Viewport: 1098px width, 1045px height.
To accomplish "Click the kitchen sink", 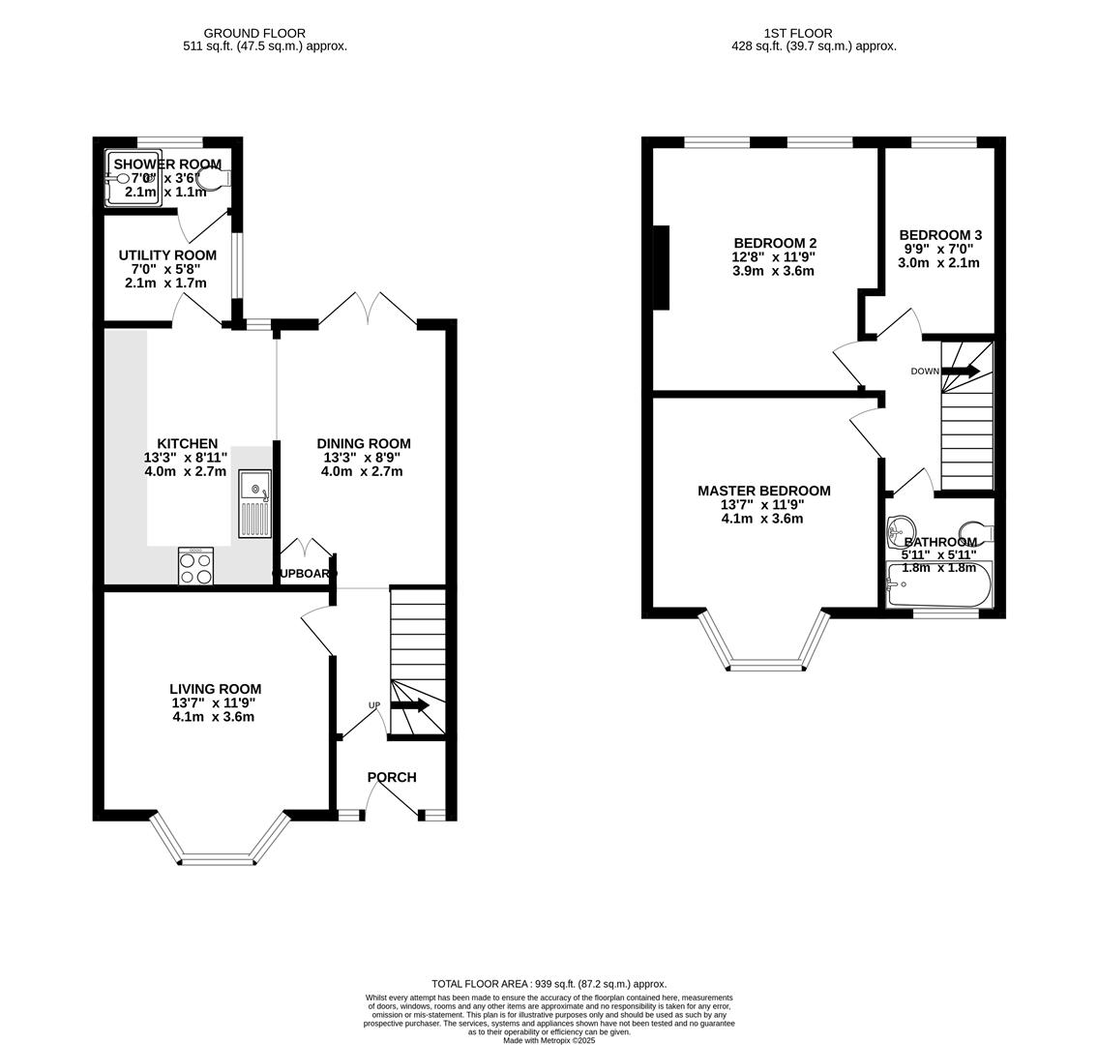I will pos(256,503).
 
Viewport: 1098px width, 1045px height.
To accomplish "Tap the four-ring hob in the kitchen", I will pos(196,566).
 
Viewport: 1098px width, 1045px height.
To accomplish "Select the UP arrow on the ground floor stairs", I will pos(410,705).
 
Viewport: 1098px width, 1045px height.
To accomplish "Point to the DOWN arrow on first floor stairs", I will pos(961,372).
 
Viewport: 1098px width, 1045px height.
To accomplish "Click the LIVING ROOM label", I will pos(215,689).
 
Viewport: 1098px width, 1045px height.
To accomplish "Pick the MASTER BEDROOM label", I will pos(763,491).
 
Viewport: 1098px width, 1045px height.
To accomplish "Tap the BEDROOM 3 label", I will pos(940,235).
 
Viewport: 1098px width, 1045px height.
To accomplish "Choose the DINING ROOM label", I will pos(364,444).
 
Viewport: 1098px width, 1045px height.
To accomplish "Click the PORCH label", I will pos(392,777).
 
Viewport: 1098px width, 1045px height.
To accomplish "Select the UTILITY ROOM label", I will pos(167,255).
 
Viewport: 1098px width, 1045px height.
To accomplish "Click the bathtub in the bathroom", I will pos(938,585).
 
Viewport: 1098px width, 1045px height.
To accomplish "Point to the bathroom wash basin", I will pos(900,528).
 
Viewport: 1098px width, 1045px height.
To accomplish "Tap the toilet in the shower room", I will pos(214,178).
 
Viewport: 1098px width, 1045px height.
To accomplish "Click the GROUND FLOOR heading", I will pos(254,33).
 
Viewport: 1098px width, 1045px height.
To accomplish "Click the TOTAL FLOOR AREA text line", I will pos(549,984).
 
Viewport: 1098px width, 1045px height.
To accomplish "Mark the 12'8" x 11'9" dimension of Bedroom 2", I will pos(774,257).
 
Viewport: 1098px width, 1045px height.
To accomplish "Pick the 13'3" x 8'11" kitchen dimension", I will pos(186,458).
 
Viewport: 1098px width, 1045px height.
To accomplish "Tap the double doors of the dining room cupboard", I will pos(307,547).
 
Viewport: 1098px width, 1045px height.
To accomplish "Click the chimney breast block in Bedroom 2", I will pos(661,267).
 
